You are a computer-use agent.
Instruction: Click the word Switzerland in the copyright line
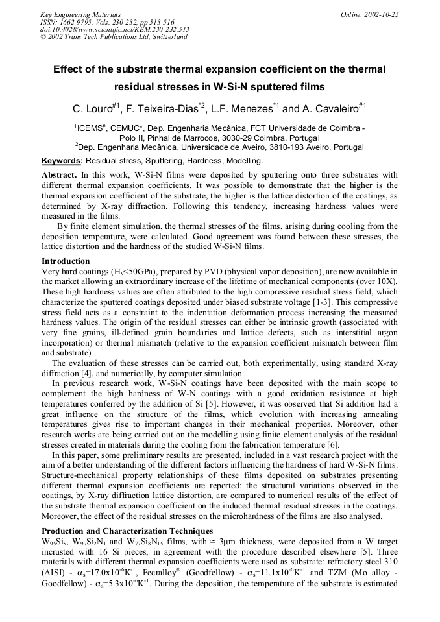point(167,37)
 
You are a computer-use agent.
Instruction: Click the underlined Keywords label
point(62,160)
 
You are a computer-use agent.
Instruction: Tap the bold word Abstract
point(59,176)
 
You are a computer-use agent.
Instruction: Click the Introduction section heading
point(66,261)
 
